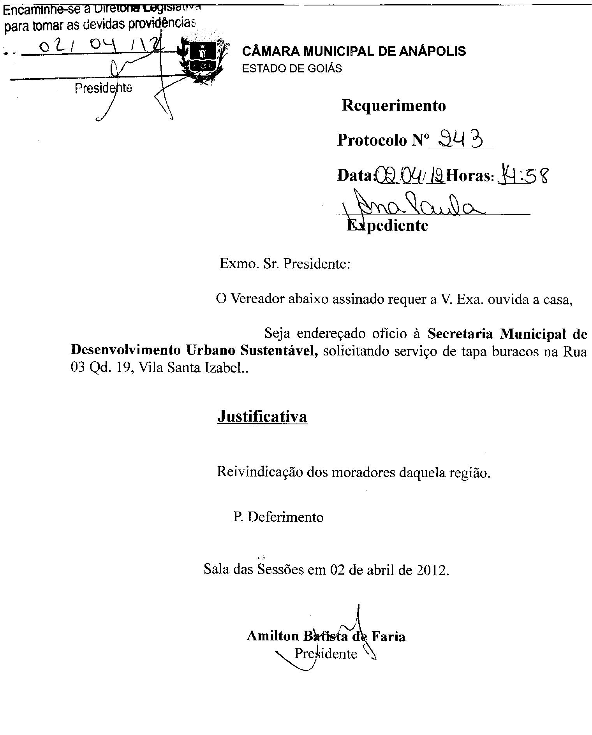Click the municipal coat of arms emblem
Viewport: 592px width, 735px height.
tap(201, 58)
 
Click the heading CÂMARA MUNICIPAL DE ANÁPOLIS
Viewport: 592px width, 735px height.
tap(354, 51)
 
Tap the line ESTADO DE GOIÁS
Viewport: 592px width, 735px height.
tap(292, 69)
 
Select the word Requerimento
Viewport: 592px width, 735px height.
tap(394, 106)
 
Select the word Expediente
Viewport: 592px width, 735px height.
tap(388, 225)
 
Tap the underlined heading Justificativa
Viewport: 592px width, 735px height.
tap(262, 417)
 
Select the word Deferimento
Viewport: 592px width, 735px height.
tap(285, 517)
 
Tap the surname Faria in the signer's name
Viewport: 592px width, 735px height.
tap(388, 636)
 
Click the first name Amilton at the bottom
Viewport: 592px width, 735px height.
tap(272, 636)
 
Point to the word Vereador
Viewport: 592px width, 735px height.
tap(257, 299)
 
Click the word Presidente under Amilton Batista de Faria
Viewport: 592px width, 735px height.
tap(326, 653)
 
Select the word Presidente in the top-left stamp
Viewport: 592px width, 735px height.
tap(103, 89)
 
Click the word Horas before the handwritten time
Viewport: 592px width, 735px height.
tap(470, 176)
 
